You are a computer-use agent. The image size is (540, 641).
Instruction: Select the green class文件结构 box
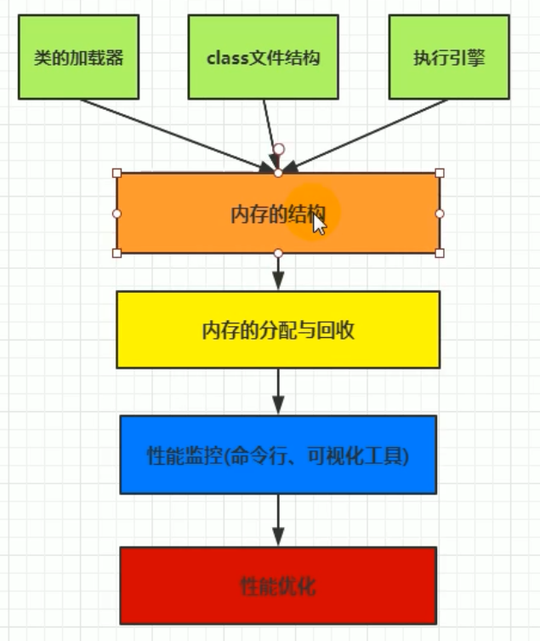coord(264,58)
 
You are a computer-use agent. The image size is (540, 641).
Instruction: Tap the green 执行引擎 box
coord(449,58)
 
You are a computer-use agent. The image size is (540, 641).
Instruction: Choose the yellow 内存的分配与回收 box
coord(278,329)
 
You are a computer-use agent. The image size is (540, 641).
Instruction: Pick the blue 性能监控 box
coord(278,455)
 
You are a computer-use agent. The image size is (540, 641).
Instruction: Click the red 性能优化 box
coord(278,586)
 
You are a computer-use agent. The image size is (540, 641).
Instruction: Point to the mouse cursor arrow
coord(318,223)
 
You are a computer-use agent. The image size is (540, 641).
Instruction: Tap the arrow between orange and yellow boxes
coord(278,272)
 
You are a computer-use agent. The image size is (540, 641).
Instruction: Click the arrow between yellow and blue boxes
coord(278,392)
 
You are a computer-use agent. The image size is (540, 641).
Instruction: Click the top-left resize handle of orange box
coord(117,173)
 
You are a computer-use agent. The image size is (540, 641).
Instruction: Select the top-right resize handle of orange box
coord(439,173)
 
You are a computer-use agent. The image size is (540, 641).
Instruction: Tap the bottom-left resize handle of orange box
coord(117,253)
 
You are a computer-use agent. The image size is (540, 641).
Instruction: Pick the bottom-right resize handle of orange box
coord(439,253)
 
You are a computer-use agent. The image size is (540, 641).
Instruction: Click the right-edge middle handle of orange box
coord(439,213)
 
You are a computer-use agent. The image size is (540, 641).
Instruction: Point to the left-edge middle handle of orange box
coord(117,213)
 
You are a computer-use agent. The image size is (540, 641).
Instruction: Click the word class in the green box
coord(224,59)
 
